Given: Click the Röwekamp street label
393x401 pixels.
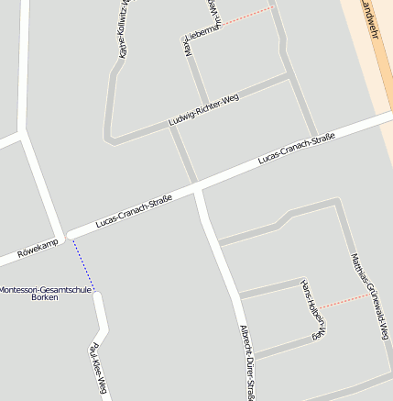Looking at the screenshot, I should click(x=38, y=245).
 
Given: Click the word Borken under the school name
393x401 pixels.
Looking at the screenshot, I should click(x=45, y=297).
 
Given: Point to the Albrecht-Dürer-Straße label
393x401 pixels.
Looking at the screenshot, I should click(x=246, y=362).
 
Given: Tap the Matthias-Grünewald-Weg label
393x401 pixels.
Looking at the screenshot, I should click(x=370, y=296).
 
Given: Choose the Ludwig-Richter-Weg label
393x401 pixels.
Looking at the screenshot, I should click(x=203, y=110).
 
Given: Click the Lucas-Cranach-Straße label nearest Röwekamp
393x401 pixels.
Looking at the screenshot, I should click(x=134, y=212).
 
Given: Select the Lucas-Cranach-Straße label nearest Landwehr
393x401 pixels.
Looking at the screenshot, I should click(x=296, y=149).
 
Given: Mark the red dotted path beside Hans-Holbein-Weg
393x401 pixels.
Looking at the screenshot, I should click(x=344, y=300).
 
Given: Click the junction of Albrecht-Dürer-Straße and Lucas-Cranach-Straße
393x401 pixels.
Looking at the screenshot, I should click(x=196, y=189).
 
